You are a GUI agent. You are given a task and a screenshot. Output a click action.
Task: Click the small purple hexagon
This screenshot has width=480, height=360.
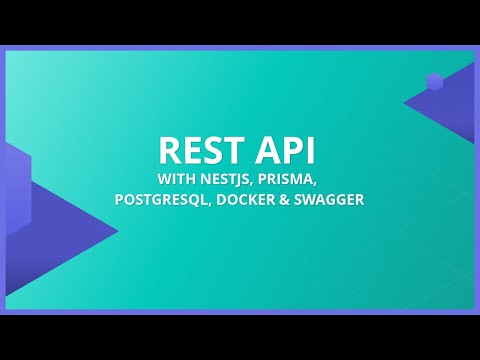coord(434,82)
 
